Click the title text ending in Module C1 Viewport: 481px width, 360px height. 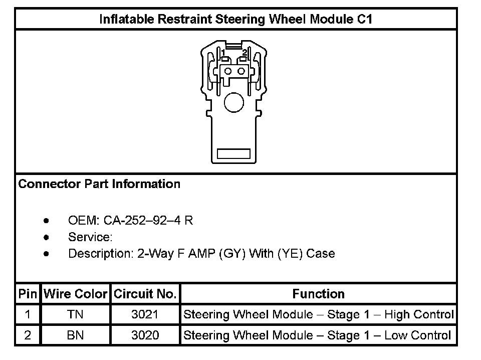click(235, 19)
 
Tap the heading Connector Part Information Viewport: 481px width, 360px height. click(99, 184)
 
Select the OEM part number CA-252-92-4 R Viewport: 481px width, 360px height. click(148, 220)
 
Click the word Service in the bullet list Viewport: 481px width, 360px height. click(90, 237)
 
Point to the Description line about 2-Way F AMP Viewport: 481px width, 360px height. click(201, 254)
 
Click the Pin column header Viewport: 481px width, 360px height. click(28, 294)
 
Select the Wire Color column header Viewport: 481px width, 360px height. click(76, 294)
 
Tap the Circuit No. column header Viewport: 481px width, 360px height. click(145, 294)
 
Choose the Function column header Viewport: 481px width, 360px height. click(319, 294)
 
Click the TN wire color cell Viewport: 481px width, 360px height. click(75, 314)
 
